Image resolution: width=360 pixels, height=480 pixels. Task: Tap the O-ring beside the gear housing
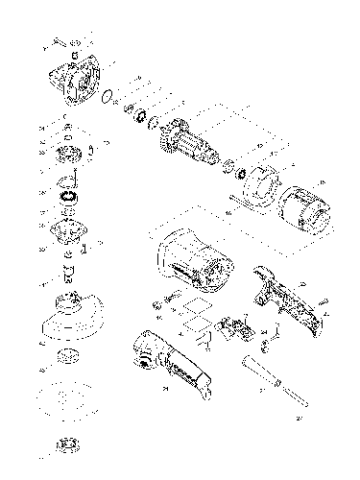pos(112,96)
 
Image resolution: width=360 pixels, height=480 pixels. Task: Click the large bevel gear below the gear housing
pos(70,153)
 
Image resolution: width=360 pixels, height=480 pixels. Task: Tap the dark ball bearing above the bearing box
pos(70,197)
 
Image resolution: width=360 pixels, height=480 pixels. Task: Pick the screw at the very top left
pos(59,42)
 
